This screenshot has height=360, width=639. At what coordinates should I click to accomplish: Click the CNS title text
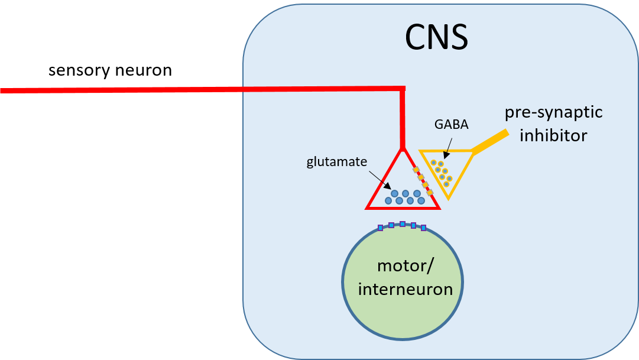436,38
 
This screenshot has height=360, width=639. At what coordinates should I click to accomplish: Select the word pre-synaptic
553,112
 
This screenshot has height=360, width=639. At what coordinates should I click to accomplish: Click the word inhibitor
553,135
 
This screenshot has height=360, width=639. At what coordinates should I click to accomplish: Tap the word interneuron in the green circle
405,289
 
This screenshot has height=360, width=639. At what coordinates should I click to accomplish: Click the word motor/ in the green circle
405,265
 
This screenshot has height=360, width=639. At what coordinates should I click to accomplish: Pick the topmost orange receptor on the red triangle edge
416,170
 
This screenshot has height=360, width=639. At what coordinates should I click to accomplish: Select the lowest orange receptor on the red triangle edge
430,192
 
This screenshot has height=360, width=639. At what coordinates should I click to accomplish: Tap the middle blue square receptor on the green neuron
402,224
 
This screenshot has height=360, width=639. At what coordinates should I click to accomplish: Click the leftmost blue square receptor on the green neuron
380,228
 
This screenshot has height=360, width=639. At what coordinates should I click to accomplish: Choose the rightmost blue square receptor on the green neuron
424,228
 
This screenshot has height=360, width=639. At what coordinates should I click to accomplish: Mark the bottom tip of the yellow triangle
448,198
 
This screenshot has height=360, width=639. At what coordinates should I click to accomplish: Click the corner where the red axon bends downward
403,90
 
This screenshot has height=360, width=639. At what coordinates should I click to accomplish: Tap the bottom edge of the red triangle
403,207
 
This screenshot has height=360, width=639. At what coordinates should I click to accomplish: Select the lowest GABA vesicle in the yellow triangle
446,184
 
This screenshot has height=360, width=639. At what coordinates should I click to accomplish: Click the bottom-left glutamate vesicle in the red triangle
388,201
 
